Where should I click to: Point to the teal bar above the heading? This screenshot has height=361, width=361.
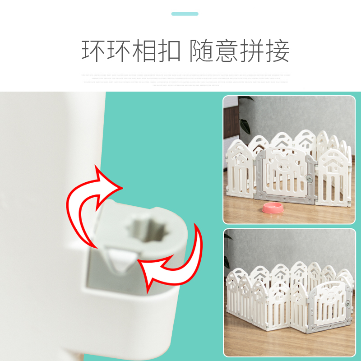[x=185, y=14]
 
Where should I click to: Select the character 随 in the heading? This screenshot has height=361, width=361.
[x=202, y=51]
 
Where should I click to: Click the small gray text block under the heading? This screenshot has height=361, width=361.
[x=185, y=79]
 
